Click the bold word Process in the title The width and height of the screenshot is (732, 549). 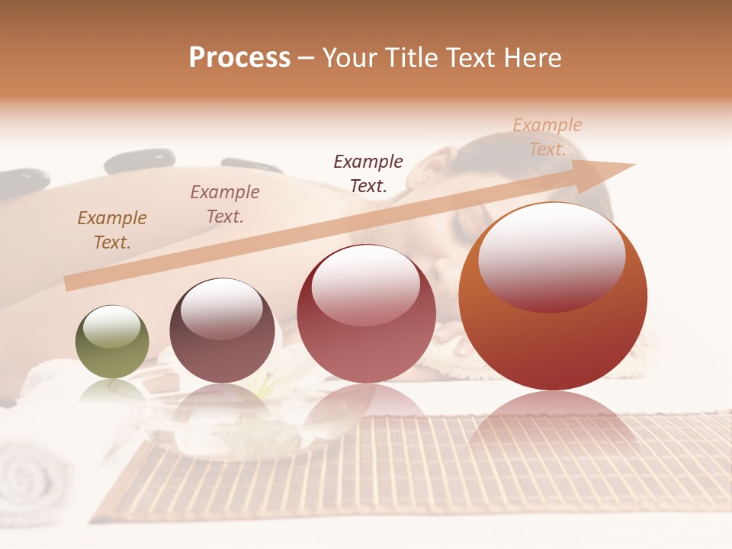click(x=239, y=58)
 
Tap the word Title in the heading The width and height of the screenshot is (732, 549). click(x=409, y=58)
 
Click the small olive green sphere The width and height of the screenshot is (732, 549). click(x=112, y=342)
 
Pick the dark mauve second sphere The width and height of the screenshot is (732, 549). click(x=222, y=331)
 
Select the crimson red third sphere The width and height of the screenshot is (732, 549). click(x=366, y=314)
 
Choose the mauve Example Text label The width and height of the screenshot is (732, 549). click(x=225, y=204)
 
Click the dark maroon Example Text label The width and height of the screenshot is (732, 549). click(x=368, y=173)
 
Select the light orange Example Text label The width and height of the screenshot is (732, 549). click(x=547, y=137)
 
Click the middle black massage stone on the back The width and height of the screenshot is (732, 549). click(x=140, y=161)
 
